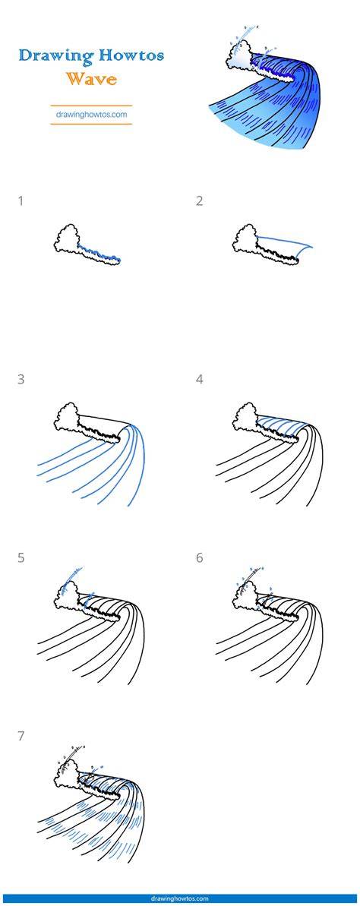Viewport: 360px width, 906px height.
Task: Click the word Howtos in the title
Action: coord(131,55)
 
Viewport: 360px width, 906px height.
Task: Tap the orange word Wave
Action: coord(91,78)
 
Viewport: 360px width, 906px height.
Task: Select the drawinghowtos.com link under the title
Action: coord(91,115)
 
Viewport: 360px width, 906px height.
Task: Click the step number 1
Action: coord(21,201)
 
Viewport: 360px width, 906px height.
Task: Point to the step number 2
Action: coord(199,201)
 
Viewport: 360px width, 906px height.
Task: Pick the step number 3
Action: coord(21,380)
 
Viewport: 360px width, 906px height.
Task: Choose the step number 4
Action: coord(199,380)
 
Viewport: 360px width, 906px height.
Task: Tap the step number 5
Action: coord(21,558)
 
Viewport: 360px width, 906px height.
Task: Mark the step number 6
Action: coord(199,558)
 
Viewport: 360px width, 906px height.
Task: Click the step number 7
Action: coord(21,737)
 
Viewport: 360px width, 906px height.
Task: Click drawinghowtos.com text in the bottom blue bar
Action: coord(180,898)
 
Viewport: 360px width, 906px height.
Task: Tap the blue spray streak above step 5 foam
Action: coord(74,576)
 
